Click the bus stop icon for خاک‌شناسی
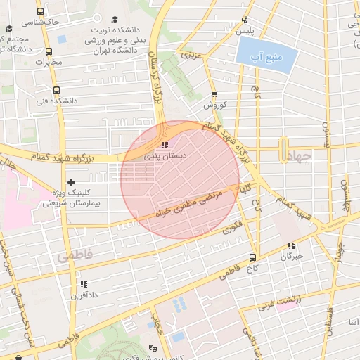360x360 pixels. (x=40, y=12)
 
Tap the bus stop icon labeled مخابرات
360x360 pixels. (x=49, y=51)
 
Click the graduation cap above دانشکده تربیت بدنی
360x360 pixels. (x=115, y=20)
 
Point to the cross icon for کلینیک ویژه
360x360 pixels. (x=71, y=182)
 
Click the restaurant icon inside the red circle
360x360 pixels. (x=165, y=146)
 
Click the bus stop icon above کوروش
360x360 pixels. (x=214, y=94)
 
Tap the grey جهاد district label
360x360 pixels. (x=303, y=157)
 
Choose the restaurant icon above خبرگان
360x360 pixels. (x=290, y=245)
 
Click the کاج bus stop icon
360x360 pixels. (x=253, y=257)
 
